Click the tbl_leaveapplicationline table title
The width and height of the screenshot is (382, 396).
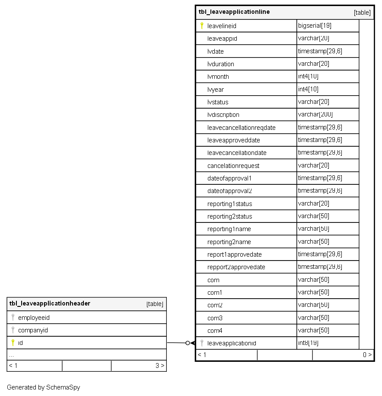[234, 12]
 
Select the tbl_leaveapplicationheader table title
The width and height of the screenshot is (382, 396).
[50, 303]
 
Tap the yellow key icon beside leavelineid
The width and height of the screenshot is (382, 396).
[201, 26]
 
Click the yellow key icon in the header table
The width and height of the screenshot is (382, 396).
[13, 343]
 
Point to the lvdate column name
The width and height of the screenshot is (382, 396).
[215, 52]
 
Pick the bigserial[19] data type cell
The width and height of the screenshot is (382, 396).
[315, 26]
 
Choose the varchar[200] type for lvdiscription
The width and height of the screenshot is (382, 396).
[315, 115]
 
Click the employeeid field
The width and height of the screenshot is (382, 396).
[34, 318]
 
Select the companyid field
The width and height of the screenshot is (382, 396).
[33, 330]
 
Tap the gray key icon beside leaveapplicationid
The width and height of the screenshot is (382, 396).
[201, 343]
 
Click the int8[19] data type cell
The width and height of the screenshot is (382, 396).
[308, 343]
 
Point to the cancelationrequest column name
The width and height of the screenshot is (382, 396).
[233, 166]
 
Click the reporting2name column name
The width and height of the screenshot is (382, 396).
[229, 242]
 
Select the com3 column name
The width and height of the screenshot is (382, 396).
[215, 318]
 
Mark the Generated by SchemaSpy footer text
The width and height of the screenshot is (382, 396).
[43, 387]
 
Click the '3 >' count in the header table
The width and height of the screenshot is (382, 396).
[159, 366]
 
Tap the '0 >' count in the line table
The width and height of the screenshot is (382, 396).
[367, 355]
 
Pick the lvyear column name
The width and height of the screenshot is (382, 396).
[216, 90]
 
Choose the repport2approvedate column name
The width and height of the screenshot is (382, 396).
[236, 267]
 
